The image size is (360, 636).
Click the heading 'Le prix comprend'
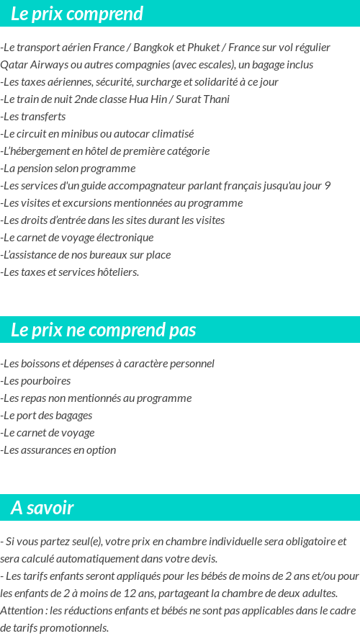point(77,14)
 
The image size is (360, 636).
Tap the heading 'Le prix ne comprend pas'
point(104,330)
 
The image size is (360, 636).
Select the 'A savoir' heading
point(42,508)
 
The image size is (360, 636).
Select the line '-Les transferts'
point(33,117)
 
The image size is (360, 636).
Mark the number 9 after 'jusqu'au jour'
point(328,186)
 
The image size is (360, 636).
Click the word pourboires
point(46,381)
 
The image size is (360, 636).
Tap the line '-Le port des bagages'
point(46,416)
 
